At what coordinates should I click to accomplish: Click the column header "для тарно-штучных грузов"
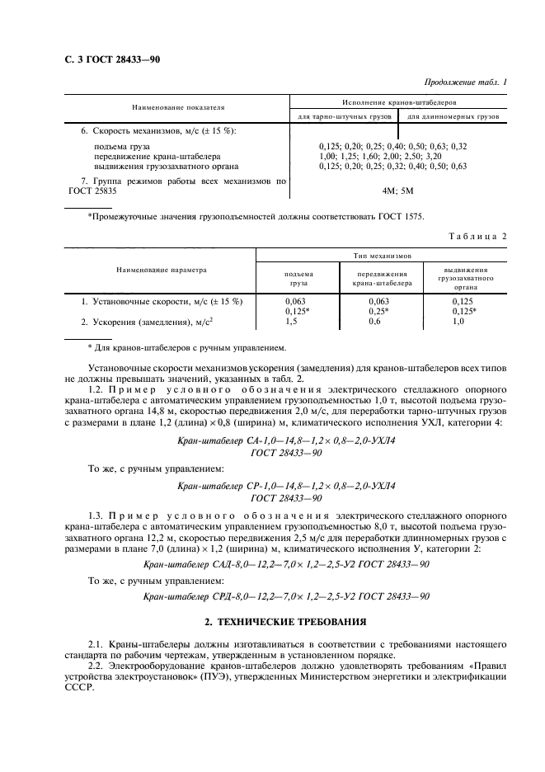(343, 117)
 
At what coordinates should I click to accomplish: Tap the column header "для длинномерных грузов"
(453, 117)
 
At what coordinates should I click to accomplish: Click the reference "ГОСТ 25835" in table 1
(93, 191)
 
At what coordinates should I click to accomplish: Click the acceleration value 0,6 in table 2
(374, 321)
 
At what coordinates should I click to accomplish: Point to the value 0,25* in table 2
(377, 311)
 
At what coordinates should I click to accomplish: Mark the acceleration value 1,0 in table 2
(459, 321)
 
